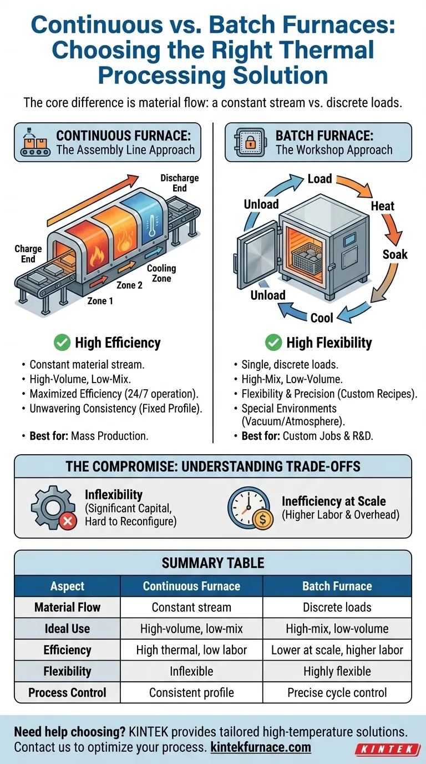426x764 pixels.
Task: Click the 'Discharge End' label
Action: [179, 183]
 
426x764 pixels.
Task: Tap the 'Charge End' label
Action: [28, 254]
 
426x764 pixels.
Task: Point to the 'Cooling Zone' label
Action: [161, 273]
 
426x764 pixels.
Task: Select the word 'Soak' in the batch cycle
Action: [395, 255]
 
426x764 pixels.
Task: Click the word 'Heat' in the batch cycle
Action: [382, 206]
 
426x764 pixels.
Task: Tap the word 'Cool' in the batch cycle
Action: [322, 318]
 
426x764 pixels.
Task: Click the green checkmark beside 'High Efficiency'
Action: [62, 343]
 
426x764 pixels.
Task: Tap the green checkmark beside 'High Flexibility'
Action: [273, 343]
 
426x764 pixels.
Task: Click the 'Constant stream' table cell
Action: [191, 607]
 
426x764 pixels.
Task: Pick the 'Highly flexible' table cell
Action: [337, 671]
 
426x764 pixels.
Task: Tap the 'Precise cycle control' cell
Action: [337, 693]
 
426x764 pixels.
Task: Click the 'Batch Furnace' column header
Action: [337, 586]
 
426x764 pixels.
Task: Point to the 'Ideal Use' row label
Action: [67, 629]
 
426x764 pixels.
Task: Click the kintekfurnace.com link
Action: [261, 747]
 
